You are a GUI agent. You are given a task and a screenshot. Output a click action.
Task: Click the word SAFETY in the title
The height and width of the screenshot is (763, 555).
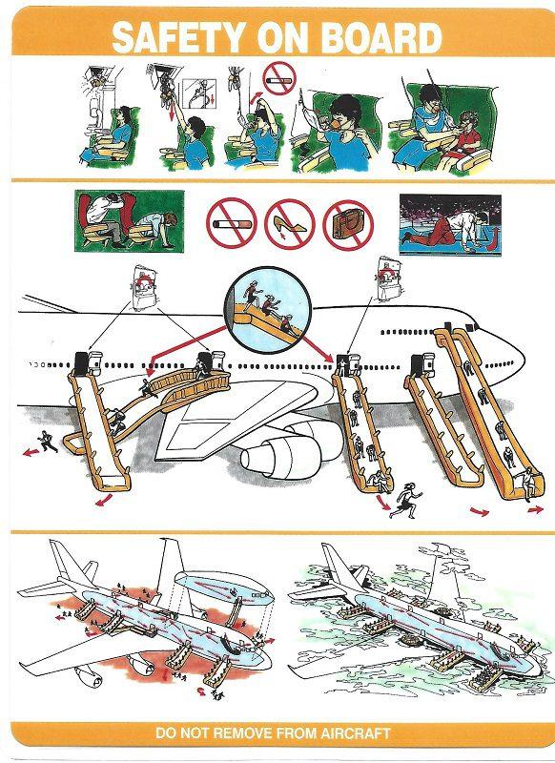181,37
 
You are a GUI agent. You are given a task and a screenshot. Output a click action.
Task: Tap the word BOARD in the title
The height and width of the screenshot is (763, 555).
381,37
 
